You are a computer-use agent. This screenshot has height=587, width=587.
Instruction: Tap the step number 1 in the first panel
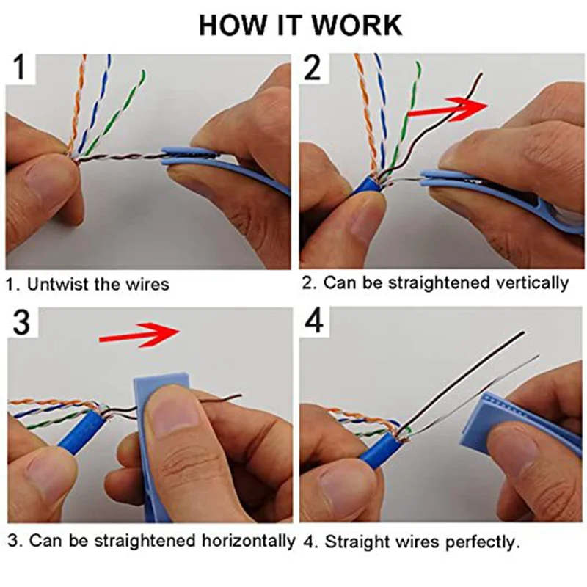(22, 72)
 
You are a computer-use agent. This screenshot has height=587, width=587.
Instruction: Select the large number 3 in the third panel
(23, 324)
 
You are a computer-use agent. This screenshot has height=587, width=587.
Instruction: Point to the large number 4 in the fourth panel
(315, 323)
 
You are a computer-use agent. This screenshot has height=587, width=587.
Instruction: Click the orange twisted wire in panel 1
(76, 103)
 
